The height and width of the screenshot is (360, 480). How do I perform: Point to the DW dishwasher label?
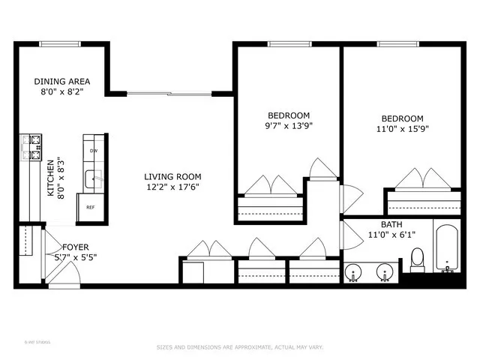(x=93, y=151)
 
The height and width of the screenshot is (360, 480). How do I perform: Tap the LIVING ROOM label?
(x=172, y=177)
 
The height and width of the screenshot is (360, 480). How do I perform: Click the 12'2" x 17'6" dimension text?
(x=172, y=187)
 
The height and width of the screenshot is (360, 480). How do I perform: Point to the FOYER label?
(x=76, y=247)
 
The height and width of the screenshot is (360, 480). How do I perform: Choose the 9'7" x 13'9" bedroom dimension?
(x=289, y=126)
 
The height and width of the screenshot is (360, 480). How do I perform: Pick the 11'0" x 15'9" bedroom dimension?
(x=402, y=128)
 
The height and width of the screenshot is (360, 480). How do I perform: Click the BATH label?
(x=391, y=224)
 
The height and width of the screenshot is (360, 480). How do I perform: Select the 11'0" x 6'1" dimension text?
(x=391, y=235)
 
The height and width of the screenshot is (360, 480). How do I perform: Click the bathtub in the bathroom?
(x=448, y=247)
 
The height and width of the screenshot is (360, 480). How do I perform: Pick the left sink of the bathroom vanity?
(x=354, y=271)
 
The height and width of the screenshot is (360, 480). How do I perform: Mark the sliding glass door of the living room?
(x=169, y=94)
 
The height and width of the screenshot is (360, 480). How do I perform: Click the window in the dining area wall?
(x=61, y=44)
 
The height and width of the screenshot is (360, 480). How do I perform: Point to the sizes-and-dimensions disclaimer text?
(x=239, y=347)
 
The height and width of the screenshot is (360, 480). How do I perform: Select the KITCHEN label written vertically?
(x=51, y=178)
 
